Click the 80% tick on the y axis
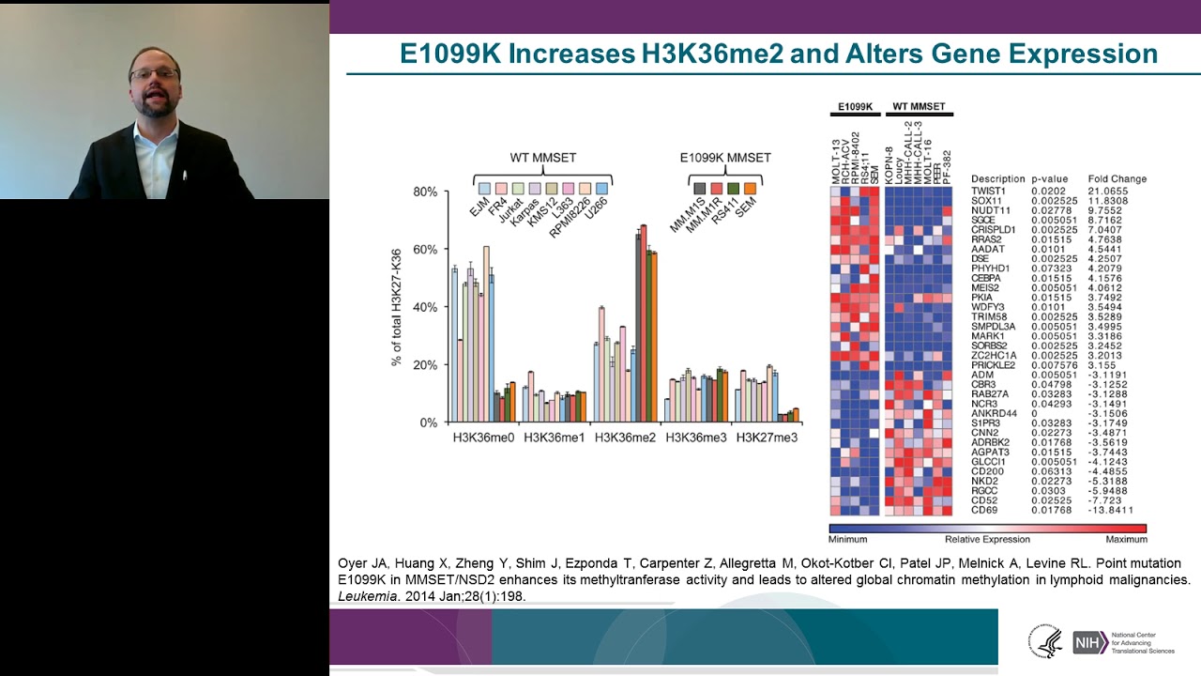pyautogui.click(x=424, y=192)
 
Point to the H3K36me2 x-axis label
pyautogui.click(x=625, y=438)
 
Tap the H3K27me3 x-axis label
pyautogui.click(x=767, y=438)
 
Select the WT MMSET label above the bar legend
pyautogui.click(x=543, y=158)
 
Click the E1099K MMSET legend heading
pyautogui.click(x=724, y=158)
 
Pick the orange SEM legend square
pyautogui.click(x=750, y=189)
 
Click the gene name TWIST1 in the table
pyautogui.click(x=989, y=192)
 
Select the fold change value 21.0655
pyautogui.click(x=1108, y=192)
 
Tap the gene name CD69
pyautogui.click(x=984, y=510)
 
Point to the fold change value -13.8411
pyautogui.click(x=1108, y=510)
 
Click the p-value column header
pyautogui.click(x=1049, y=178)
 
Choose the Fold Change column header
pyautogui.click(x=1117, y=178)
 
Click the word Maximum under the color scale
pyautogui.click(x=1126, y=540)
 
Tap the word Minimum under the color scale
pyautogui.click(x=848, y=540)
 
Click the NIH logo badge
pyautogui.click(x=1089, y=642)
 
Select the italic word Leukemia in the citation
pyautogui.click(x=366, y=596)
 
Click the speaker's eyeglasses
pyautogui.click(x=154, y=73)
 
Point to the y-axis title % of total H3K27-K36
pyautogui.click(x=397, y=307)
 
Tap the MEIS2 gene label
pyautogui.click(x=985, y=287)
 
